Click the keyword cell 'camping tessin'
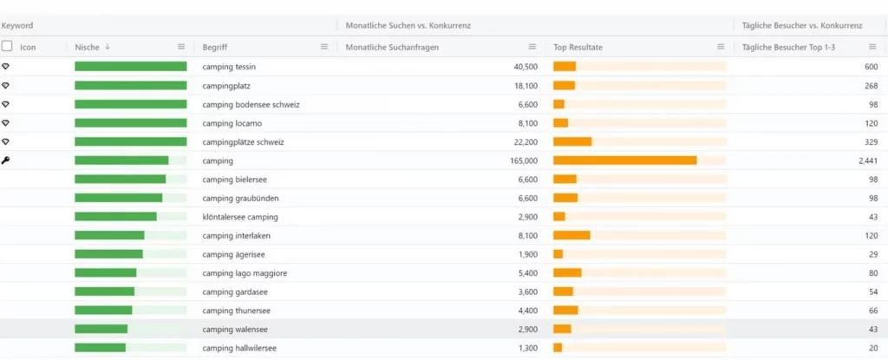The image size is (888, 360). click(229, 67)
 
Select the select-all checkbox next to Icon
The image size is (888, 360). click(8, 47)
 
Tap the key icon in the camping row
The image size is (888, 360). click(6, 160)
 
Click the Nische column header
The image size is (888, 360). click(87, 47)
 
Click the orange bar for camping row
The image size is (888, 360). click(624, 160)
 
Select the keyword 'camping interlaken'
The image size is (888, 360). click(237, 236)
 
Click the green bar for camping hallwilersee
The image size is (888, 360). click(100, 349)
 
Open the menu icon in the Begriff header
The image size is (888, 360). click(324, 47)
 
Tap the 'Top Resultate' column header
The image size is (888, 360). click(578, 47)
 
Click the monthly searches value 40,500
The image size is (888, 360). click(526, 67)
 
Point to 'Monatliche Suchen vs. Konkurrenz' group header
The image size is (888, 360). click(408, 26)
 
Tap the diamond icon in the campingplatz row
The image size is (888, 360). click(6, 86)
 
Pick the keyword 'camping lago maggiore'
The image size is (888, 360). click(244, 273)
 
